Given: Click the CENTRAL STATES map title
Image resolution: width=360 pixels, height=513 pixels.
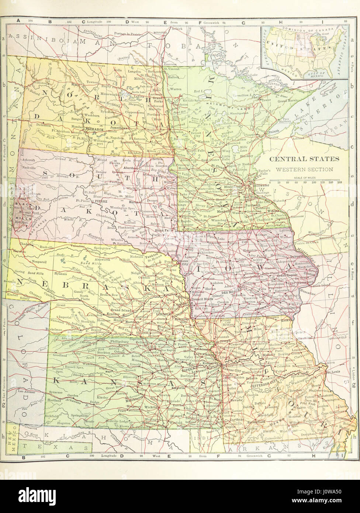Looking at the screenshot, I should click(x=304, y=159).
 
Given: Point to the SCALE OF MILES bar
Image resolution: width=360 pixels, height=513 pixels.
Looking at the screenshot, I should click(x=306, y=182).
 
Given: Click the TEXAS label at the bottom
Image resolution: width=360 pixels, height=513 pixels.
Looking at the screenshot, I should click(x=55, y=448).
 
